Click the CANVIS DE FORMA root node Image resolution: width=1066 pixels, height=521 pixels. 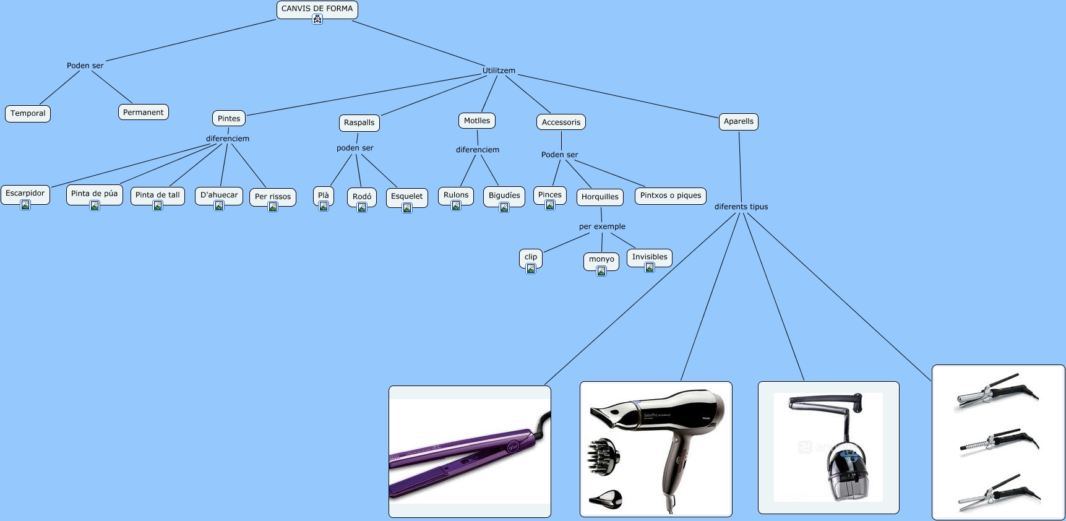[x=317, y=9]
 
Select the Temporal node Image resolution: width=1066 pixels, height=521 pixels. [x=28, y=113]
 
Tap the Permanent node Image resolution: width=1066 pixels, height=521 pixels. [x=143, y=112]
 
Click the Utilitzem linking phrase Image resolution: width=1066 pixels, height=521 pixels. [x=499, y=71]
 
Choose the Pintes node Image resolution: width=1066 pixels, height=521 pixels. [x=229, y=118]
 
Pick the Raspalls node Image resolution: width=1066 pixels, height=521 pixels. [x=359, y=123]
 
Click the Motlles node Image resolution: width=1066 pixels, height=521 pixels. [x=476, y=121]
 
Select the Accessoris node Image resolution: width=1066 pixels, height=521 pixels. [x=561, y=122]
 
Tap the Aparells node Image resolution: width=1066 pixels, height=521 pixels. [x=738, y=121]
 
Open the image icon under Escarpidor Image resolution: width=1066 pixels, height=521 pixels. [x=25, y=205]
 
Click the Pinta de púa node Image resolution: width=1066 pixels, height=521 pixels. [x=94, y=193]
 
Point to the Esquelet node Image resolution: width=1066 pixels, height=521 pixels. [x=406, y=196]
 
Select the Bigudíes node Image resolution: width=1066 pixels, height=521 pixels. [x=504, y=195]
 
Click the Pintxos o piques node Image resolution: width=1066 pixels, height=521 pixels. [x=671, y=195]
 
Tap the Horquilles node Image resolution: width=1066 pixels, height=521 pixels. [x=600, y=197]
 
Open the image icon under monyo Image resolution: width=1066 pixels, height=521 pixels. [x=601, y=270]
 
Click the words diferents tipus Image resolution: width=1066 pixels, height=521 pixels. [x=741, y=207]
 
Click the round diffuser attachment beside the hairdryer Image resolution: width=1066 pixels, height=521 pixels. [x=603, y=457]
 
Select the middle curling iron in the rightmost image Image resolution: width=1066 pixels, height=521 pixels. [x=997, y=442]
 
